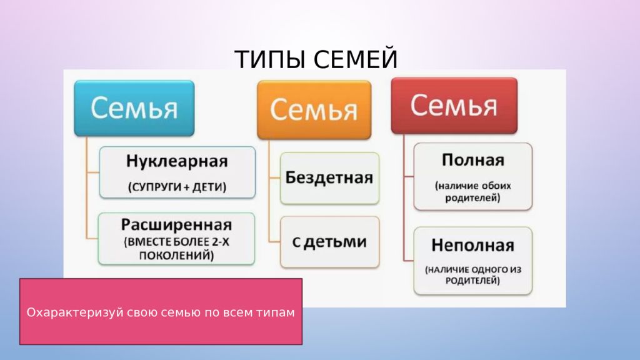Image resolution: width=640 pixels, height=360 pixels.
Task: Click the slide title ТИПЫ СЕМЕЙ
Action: [x=316, y=59]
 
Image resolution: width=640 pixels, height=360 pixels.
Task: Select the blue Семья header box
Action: [x=134, y=108]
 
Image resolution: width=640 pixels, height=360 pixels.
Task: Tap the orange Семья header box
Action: [x=314, y=110]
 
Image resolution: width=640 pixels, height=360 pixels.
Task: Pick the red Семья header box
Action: [x=454, y=106]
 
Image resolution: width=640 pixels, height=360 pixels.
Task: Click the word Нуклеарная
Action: [x=177, y=161]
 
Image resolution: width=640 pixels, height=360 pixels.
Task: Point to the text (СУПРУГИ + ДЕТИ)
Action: [x=177, y=187]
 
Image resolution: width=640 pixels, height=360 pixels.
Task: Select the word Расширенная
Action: [x=176, y=225]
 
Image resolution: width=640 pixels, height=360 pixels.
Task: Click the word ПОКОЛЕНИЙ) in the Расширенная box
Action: [x=176, y=256]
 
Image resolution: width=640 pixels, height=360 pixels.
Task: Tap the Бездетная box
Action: [x=330, y=178]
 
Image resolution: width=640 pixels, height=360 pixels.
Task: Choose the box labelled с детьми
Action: [x=330, y=242]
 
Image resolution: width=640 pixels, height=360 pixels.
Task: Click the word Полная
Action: [x=473, y=160]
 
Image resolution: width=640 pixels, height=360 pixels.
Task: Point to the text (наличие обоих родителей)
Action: [x=472, y=192]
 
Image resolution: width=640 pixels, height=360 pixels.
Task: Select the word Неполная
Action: [x=472, y=245]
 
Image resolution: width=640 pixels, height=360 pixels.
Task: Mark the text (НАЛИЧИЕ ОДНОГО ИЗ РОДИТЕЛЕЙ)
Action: [x=473, y=275]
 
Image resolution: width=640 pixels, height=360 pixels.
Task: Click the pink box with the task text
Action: [x=161, y=311]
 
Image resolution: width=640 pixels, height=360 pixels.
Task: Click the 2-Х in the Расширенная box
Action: [x=221, y=242]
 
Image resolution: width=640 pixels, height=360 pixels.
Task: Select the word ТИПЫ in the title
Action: [x=270, y=59]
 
